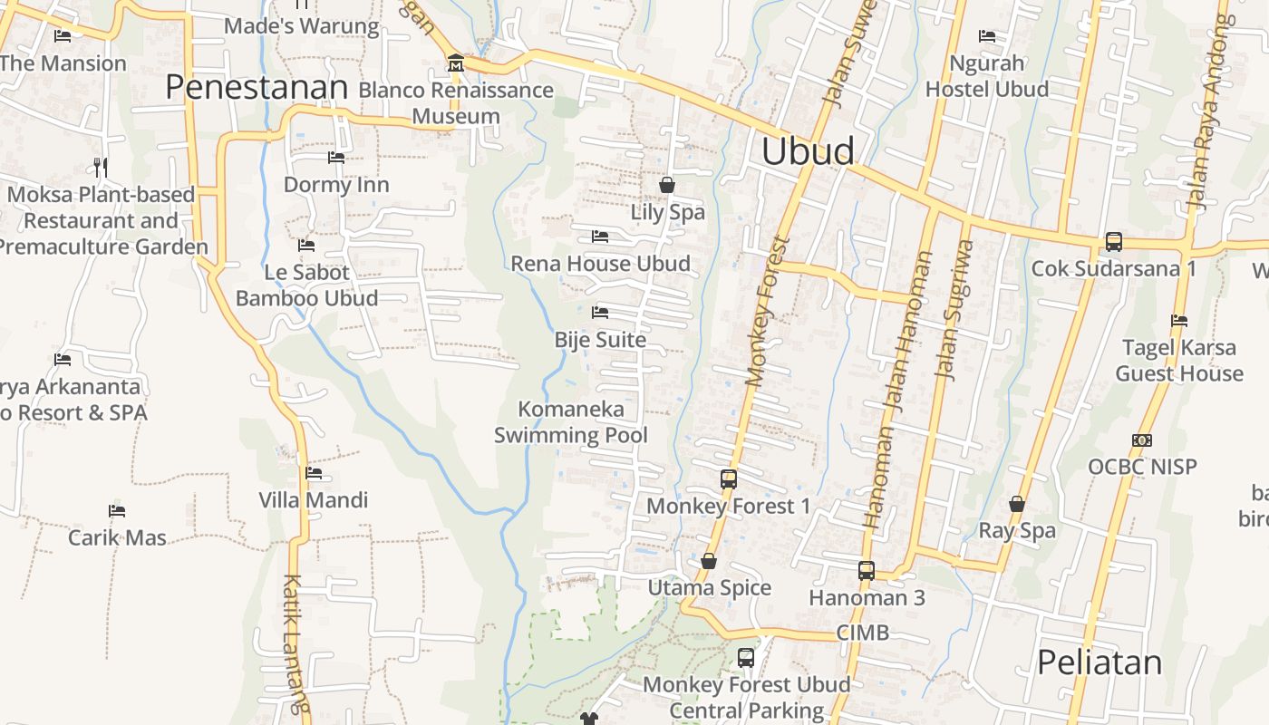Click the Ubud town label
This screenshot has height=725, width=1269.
coord(808,151)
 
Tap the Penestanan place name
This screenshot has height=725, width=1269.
coord(257,87)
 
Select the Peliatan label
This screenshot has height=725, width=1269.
coord(1099,662)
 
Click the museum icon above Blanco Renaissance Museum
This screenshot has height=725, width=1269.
coord(456,63)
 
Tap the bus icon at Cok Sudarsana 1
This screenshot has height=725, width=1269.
coord(1114,242)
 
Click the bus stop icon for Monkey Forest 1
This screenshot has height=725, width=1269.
coord(729,479)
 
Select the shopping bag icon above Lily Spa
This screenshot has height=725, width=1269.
coord(667,185)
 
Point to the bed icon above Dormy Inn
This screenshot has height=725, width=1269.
coord(336,158)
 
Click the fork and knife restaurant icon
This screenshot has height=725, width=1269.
coord(101,167)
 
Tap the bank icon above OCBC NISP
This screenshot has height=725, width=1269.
coord(1142,440)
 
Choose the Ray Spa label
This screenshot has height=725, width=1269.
coord(1017,531)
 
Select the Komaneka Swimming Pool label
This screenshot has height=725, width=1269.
coord(571,422)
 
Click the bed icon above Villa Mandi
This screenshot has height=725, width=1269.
coord(314,473)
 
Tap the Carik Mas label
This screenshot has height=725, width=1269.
coord(118,537)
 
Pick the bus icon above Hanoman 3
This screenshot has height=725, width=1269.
coord(867,571)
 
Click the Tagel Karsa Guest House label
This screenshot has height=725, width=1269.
coord(1178,361)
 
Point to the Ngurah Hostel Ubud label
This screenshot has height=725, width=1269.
coord(986,76)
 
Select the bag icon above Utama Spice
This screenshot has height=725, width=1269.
coord(709,562)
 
